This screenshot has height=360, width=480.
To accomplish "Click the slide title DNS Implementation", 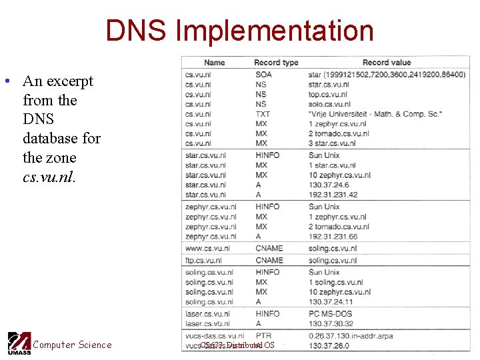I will click(x=239, y=31).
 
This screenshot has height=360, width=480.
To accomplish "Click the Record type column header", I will click(x=276, y=63).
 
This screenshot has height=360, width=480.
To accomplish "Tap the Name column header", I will click(x=215, y=63).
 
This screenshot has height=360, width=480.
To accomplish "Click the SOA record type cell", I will click(x=264, y=75).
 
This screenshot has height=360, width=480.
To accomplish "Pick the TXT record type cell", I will click(x=263, y=114).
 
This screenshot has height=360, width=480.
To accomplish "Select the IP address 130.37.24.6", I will click(x=329, y=185).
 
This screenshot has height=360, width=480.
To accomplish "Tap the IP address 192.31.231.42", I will click(x=333, y=195).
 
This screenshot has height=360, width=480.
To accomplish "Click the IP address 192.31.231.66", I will click(x=333, y=237).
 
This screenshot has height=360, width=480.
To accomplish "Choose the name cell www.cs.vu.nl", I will click(x=207, y=249).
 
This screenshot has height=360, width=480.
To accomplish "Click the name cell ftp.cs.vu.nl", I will click(x=204, y=261).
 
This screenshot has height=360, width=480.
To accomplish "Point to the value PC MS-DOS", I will click(x=331, y=314).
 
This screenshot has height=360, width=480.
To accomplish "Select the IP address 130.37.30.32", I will click(x=331, y=324).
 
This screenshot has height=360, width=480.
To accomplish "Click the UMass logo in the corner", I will click(x=19, y=343).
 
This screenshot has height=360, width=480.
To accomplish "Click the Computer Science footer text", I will click(x=73, y=345).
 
